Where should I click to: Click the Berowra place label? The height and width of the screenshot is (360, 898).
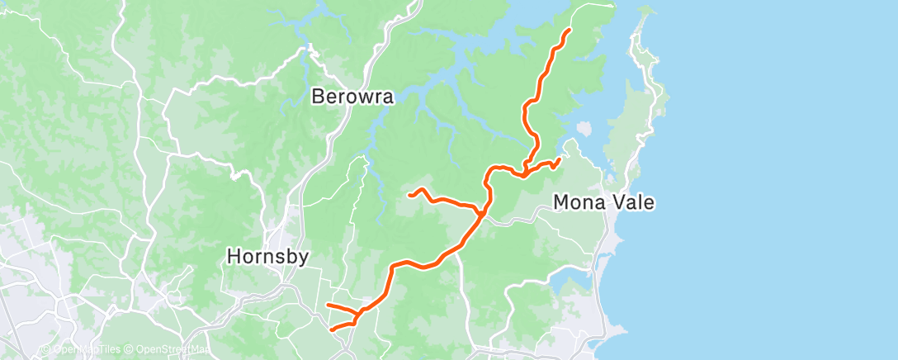click(x=352, y=97)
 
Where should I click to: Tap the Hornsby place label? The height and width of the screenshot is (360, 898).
click(x=268, y=258)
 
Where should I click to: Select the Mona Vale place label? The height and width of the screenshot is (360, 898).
click(x=604, y=201)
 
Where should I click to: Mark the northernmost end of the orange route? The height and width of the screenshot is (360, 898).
click(x=570, y=30)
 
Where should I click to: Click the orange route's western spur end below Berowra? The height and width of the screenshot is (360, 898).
click(x=410, y=195)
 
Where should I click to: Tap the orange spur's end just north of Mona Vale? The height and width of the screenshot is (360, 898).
click(x=560, y=159)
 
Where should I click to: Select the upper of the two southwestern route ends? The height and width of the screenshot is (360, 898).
click(x=328, y=306)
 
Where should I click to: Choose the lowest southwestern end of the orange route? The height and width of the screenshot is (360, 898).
click(x=332, y=329)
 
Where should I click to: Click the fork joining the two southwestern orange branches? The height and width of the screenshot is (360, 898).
click(x=357, y=315)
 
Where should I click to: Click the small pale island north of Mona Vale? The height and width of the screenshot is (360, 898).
click(x=584, y=129)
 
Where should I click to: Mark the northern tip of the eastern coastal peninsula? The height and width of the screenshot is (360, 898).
click(x=645, y=10)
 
